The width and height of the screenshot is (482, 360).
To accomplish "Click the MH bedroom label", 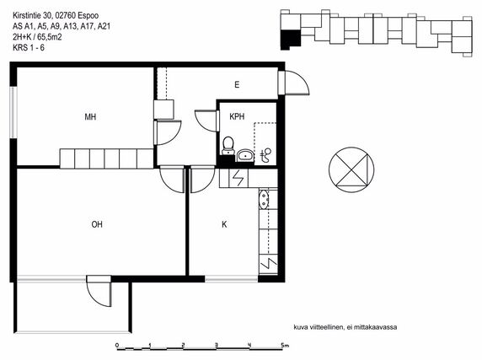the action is coord(90,117).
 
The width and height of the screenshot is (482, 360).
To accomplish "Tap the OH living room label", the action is coord(97,224).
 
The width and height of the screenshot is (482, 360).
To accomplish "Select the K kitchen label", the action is coord(224,224).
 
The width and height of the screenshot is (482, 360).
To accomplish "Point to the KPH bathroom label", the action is coord(237,116).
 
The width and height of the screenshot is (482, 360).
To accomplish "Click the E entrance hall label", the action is coord(237,84).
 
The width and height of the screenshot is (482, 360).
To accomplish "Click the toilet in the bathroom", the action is coord(228,145).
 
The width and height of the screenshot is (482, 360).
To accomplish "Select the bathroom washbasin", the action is coord(245,155).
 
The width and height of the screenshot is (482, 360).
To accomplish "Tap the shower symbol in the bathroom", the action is coord(266,155).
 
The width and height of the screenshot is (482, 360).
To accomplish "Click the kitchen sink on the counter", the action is coord(264,199).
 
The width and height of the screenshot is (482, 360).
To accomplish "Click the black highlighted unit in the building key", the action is coord(290,40).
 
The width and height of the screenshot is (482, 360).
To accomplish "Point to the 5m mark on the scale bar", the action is coord(285,345).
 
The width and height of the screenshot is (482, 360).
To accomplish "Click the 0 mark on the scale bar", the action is coord(117,345).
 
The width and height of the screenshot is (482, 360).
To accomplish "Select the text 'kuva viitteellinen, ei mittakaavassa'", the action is coord(345,327).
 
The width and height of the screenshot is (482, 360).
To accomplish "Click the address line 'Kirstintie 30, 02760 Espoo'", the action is coord(56,15).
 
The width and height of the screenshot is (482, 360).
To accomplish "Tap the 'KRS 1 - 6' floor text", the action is coord(29,48).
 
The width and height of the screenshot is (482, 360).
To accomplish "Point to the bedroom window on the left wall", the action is coord(13,112).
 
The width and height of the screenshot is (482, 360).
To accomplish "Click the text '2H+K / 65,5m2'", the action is coord(37,37).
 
